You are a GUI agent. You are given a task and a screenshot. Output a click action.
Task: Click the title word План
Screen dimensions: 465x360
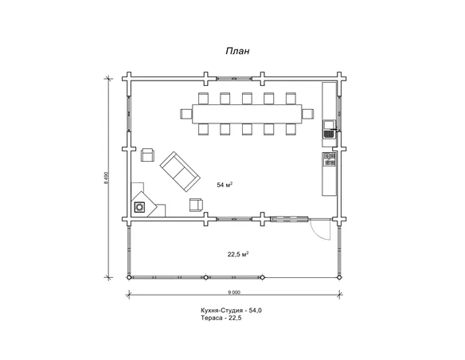[237, 51]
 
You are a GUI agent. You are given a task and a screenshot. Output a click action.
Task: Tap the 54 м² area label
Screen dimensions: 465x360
[225, 185]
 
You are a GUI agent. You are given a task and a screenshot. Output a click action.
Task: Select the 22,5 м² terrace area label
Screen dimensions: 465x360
[238, 254]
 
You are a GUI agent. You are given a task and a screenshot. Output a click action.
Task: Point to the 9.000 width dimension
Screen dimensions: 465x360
[234, 292]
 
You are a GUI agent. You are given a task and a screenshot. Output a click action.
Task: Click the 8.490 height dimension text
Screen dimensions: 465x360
[106, 178]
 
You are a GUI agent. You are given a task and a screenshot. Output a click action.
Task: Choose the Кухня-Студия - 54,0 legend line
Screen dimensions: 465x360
[232, 311]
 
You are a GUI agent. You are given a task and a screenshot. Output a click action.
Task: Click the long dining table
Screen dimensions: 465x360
[247, 114]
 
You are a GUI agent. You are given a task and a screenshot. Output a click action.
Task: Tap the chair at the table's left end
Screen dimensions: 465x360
[186, 114]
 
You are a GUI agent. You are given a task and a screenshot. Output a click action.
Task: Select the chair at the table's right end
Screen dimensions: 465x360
[308, 114]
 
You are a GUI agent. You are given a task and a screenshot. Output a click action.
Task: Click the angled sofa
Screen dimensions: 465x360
[180, 171]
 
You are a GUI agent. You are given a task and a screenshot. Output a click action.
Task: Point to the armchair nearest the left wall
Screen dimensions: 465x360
[147, 155]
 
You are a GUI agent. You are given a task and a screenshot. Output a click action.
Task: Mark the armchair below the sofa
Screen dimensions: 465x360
[197, 205]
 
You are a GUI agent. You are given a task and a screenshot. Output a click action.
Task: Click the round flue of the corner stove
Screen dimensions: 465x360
[139, 207]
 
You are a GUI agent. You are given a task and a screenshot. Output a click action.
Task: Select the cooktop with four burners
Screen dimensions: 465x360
[330, 159]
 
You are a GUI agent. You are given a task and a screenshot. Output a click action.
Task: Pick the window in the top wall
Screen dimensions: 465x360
[234, 79]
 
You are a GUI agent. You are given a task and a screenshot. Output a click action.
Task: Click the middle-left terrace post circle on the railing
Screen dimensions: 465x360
[205, 277]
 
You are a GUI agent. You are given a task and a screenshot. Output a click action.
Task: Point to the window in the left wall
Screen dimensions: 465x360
[129, 114]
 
